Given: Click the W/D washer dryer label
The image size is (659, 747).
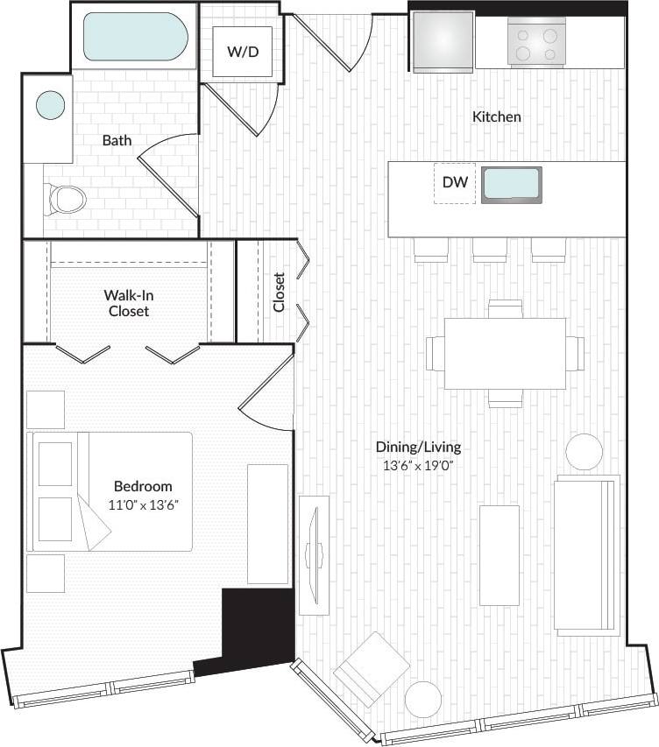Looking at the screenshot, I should coord(243,52).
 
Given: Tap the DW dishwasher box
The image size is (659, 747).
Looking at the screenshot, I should coord(454,183).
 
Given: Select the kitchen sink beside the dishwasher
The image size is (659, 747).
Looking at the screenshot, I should coord(512,185).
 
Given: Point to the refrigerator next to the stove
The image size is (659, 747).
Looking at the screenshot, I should coord(443,42).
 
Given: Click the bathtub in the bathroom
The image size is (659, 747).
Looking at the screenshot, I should coord(135,37).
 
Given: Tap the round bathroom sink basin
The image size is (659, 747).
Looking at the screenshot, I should coord(50,106).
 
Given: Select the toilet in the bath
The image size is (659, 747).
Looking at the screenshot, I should coord(65,199).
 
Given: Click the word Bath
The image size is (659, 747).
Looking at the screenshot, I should coord(117,140).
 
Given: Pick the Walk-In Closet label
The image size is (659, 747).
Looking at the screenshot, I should coord(129,303).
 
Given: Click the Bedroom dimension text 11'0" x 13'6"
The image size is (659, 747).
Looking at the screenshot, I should coord(143,504).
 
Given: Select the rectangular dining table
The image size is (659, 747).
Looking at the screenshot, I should coord(505,353).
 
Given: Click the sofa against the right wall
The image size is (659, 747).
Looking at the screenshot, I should coord(586,554).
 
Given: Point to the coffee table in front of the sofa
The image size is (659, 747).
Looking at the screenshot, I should coord(500,555).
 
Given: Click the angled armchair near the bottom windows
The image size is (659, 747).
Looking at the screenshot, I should coord(372,671).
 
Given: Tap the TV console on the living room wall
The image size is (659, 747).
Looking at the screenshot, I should coord(313,554).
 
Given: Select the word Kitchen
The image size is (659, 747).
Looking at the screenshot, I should coord(497,116).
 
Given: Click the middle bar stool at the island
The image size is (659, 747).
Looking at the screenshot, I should coord(490,250).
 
